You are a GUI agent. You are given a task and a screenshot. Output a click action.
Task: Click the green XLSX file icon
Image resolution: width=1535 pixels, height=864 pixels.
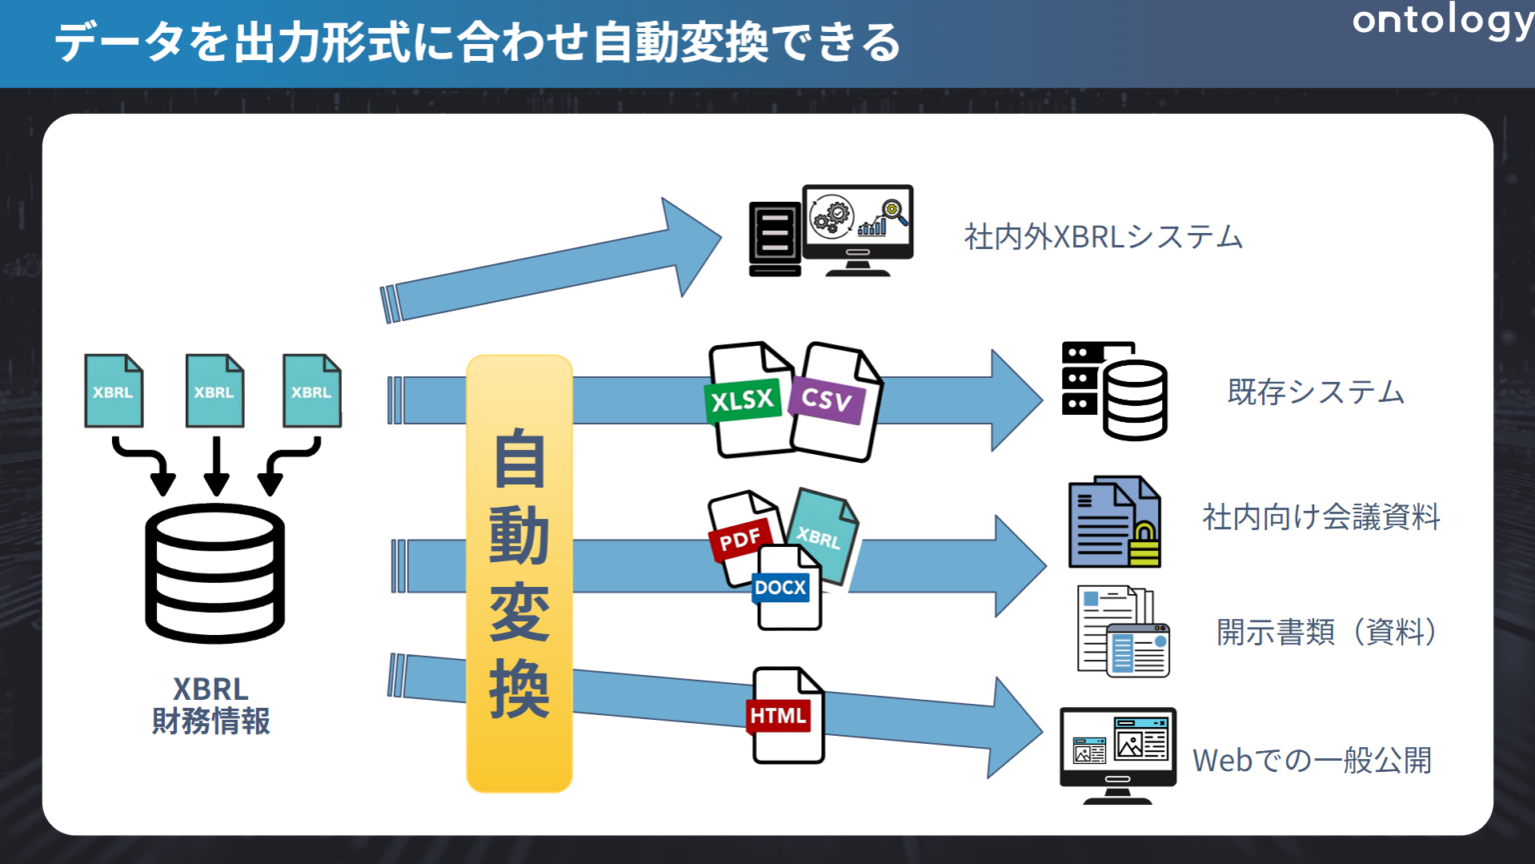point(746,400)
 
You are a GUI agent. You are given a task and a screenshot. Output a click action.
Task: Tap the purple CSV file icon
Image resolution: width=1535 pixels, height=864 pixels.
point(833,402)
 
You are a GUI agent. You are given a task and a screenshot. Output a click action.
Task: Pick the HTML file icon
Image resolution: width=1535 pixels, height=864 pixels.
point(785,716)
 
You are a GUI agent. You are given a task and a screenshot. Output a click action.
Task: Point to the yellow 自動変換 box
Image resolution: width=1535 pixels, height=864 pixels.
point(519,574)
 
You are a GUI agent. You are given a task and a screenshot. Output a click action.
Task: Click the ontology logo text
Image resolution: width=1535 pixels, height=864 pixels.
point(1441,22)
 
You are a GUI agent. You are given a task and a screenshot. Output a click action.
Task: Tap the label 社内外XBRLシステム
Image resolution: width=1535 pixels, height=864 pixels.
point(1102,237)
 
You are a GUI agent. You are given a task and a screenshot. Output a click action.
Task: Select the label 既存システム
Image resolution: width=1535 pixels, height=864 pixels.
point(1315,392)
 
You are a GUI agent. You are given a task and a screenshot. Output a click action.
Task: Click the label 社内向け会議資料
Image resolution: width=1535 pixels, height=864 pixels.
point(1320,517)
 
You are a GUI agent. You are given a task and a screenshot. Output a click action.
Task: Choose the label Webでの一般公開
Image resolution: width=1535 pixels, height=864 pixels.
point(1311,760)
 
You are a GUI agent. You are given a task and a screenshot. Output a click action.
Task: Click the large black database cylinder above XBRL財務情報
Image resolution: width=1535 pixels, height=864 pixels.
point(215,572)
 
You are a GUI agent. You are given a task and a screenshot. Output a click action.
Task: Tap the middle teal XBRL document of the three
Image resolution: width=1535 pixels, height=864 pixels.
point(215,391)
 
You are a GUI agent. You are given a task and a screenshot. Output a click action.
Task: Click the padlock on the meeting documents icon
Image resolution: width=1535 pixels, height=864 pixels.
point(1144,545)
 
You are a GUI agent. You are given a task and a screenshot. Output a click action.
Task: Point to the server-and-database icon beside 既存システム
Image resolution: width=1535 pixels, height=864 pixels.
point(1114,391)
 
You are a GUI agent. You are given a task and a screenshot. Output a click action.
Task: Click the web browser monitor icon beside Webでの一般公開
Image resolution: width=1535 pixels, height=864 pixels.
point(1117,752)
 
